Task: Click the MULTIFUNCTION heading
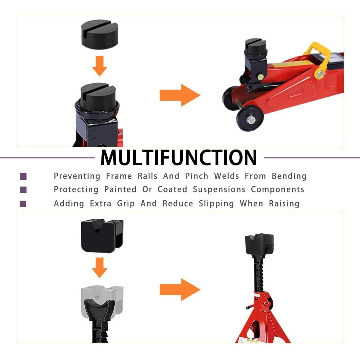click(179, 157)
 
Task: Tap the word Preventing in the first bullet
click(77, 176)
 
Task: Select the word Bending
click(289, 176)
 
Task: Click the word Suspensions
click(219, 189)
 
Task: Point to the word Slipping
click(216, 204)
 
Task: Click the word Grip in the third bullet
click(126, 204)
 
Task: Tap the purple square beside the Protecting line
click(23, 189)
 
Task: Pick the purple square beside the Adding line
click(23, 204)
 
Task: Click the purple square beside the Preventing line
click(23, 176)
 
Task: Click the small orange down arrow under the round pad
click(99, 66)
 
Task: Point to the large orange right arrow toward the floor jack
click(180, 95)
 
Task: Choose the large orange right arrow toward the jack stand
click(180, 290)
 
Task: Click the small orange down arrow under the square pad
click(99, 267)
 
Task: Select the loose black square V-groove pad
click(102, 236)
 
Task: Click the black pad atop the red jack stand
click(260, 244)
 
